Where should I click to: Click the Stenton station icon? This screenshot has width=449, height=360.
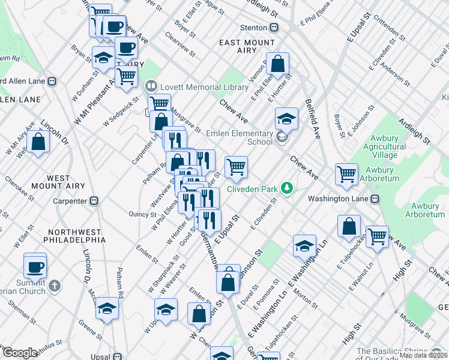[x=274, y=28]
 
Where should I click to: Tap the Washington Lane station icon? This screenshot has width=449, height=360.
[x=375, y=199]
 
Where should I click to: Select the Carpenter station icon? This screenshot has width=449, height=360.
[x=94, y=202]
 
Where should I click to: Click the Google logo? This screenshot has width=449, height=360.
[x=19, y=353]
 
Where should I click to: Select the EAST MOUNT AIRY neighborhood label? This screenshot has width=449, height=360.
[x=247, y=43]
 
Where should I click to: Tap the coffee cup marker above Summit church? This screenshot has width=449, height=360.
[x=35, y=265]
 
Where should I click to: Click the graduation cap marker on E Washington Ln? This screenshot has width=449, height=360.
[x=304, y=245]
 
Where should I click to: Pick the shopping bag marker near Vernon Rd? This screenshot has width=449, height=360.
[x=278, y=64]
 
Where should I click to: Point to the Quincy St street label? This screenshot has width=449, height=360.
[x=142, y=214]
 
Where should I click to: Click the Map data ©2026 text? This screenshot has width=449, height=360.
[x=423, y=355]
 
